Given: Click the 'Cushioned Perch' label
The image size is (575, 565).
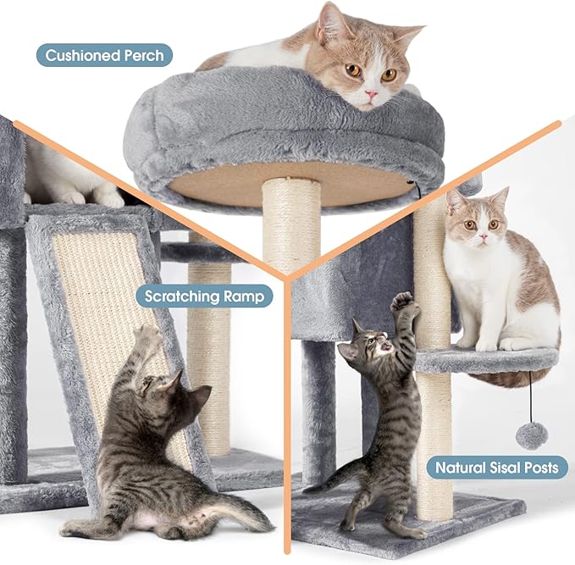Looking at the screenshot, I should click(104, 56).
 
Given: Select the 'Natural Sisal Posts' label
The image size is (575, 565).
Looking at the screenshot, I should click(496, 467).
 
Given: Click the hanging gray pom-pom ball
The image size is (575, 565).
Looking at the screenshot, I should click(531, 435).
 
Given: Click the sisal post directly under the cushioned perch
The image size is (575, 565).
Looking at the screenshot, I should click(291, 222).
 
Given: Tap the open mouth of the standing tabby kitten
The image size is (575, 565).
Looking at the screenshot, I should click(386, 346).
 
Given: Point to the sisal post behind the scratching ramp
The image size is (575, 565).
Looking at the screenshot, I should click(210, 356).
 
